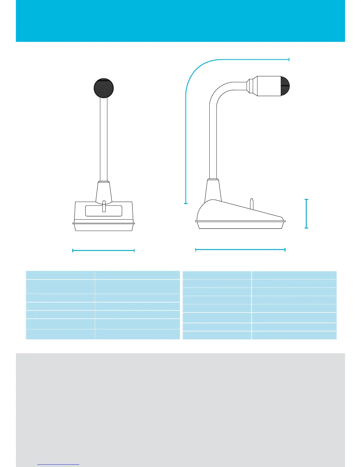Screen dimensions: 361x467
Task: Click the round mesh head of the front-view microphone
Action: pos(104,88)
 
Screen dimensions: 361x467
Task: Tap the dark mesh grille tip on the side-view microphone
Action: pos(285,86)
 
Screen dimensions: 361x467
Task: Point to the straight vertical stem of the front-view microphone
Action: pos(104,139)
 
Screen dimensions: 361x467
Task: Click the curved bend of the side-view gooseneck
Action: pos(220,91)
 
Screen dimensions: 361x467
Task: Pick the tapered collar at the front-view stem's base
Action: pos(104,192)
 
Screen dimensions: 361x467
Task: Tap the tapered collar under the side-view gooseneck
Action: pos(213,190)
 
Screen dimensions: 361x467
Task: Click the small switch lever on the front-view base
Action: pos(104,206)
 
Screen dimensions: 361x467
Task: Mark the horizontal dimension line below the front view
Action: pos(103,251)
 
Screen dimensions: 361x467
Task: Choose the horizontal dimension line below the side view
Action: pos(240,250)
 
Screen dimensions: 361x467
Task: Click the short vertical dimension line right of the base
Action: pos(306,214)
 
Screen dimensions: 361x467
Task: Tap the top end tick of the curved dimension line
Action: pos(289,60)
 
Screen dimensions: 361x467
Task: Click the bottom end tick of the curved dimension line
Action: pos(186,203)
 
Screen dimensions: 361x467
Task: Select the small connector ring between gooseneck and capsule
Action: pos(250,86)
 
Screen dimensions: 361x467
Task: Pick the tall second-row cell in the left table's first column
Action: pos(60,286)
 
